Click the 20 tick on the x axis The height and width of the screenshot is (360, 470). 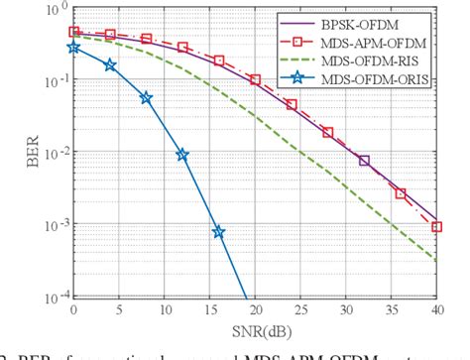pos(255,309)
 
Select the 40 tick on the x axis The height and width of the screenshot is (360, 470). pos(437,309)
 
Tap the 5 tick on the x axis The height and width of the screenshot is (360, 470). pos(119,309)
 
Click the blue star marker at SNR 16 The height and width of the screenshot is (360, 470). pos(219,232)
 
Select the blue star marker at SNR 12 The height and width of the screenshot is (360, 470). pos(182,155)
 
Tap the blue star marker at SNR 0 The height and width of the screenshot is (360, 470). pos(73,47)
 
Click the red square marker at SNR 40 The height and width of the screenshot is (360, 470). pos(437,227)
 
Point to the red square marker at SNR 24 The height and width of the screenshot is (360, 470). pos(292,104)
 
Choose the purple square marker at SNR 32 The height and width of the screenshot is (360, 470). pos(364,161)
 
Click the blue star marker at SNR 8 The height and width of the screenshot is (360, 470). pos(147,98)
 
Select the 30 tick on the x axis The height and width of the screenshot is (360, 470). pos(346,309)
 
